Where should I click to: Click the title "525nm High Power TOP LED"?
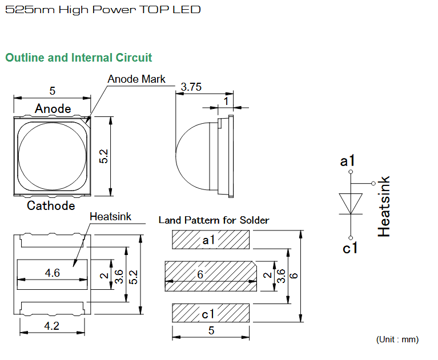point(103,10)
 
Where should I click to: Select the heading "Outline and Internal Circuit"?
point(78,58)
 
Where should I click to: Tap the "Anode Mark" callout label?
point(136,79)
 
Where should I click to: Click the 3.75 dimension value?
point(191,87)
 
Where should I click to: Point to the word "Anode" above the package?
point(53,108)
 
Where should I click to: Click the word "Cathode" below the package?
point(51,206)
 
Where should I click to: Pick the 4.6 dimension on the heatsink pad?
point(52,273)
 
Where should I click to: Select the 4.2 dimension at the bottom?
point(51,326)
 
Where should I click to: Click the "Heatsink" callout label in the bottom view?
point(110,217)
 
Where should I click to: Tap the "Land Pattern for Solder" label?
point(214,220)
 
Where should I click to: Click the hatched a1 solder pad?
point(211,240)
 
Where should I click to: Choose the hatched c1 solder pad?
point(211,313)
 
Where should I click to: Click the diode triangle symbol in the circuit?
point(351,204)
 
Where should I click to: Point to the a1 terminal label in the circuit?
point(347,161)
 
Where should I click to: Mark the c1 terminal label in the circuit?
point(349,248)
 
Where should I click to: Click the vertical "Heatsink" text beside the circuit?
point(384,207)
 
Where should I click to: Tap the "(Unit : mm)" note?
point(397,339)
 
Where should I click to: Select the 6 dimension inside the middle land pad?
point(200,274)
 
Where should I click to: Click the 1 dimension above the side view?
point(226,101)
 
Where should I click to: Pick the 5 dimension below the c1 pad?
point(211,330)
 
